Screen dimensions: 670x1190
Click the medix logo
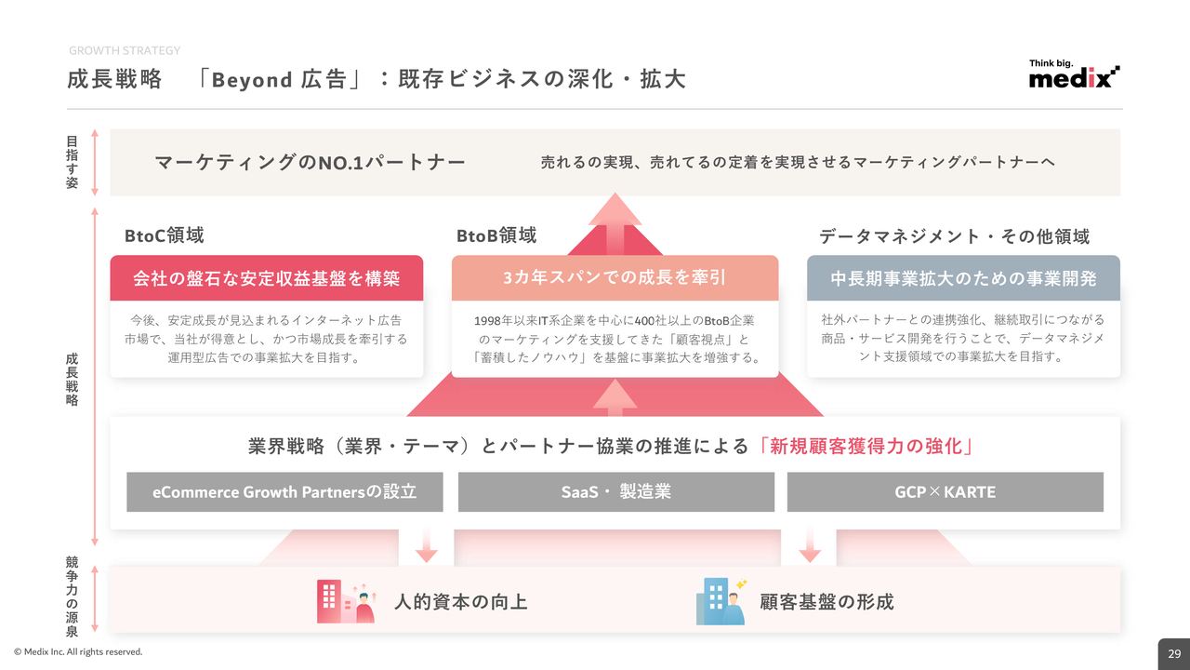pyautogui.click(x=1074, y=75)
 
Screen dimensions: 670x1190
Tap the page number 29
pyautogui.click(x=1174, y=653)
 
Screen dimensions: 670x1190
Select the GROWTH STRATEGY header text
pyautogui.click(x=125, y=50)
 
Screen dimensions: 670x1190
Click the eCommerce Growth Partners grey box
pyautogui.click(x=284, y=492)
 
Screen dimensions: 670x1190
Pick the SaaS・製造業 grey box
pyautogui.click(x=615, y=492)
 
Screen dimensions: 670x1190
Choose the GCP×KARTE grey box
pyautogui.click(x=945, y=492)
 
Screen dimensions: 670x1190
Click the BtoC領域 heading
pyautogui.click(x=165, y=236)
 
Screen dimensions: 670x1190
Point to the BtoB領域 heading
pyautogui.click(x=496, y=236)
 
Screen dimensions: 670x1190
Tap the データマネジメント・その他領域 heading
pyautogui.click(x=954, y=236)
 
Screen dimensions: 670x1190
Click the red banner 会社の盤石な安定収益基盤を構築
pyautogui.click(x=267, y=278)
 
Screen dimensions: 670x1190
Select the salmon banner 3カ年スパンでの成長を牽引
pyautogui.click(x=615, y=277)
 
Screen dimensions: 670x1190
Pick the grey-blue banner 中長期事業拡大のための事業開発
pyautogui.click(x=963, y=278)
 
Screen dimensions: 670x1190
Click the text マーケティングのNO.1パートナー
pyautogui.click(x=311, y=163)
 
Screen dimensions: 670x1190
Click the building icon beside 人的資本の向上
pyautogui.click(x=345, y=602)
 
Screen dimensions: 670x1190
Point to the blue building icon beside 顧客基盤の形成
pyautogui.click(x=721, y=601)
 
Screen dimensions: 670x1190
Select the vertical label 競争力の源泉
pyautogui.click(x=73, y=596)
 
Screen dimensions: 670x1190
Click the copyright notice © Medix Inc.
pyautogui.click(x=78, y=652)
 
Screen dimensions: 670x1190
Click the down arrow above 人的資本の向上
pyautogui.click(x=427, y=545)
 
